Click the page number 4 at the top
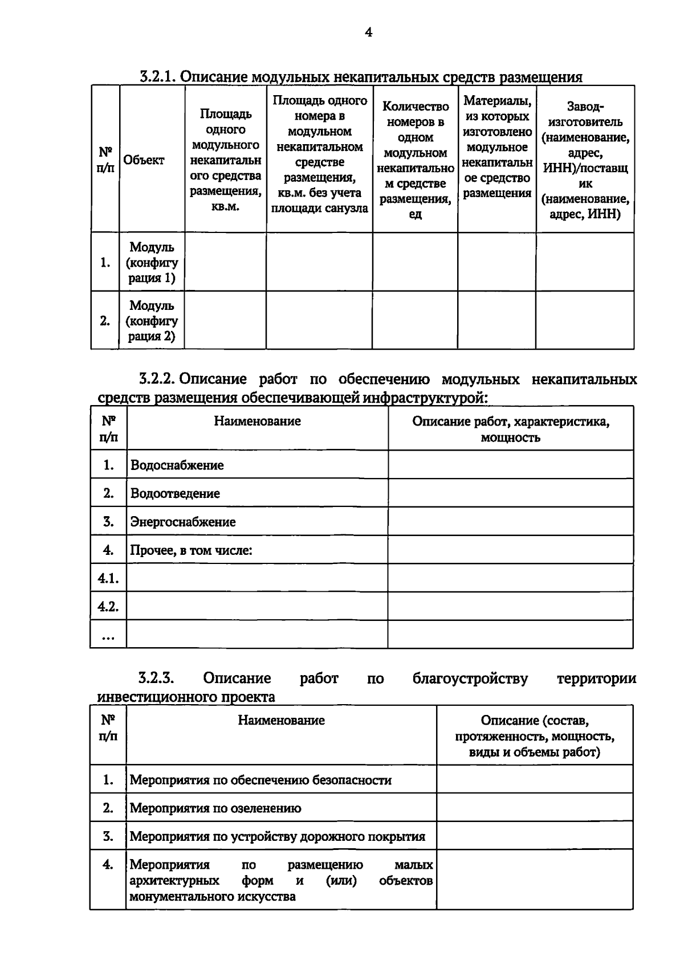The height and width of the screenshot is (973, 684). point(368,32)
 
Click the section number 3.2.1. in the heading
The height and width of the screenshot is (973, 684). point(158,77)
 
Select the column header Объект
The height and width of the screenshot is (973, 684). point(144,160)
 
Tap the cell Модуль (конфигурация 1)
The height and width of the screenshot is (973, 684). point(152,263)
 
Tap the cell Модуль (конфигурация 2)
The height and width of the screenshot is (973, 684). point(152,321)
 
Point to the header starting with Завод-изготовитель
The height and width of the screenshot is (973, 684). point(585,160)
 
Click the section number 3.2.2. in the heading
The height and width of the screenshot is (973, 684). point(158,379)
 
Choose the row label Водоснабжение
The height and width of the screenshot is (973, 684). point(177,465)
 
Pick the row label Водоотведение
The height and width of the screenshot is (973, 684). point(175,494)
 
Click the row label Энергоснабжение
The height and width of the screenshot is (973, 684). point(182,522)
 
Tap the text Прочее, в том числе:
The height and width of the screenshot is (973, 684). point(191,550)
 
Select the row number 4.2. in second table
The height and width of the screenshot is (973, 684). point(108,607)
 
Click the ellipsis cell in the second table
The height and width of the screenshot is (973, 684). point(108,637)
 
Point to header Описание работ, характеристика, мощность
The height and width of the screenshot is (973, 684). point(510,430)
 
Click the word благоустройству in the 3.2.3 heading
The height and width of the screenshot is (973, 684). point(470,679)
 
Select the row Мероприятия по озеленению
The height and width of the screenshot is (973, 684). point(215,808)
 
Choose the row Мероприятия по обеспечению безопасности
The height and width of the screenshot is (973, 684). point(260,780)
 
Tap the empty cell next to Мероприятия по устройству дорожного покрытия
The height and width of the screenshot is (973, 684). point(534,836)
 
